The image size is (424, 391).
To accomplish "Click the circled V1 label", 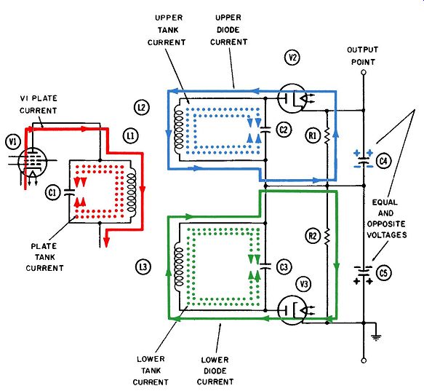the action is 13,142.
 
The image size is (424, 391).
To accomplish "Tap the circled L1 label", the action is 131,135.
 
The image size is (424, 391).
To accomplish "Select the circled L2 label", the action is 142,108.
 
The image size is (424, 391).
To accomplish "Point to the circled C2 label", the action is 284,130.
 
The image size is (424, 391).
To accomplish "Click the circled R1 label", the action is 313,135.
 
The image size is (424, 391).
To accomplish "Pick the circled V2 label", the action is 292,58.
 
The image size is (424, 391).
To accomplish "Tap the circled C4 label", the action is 383,161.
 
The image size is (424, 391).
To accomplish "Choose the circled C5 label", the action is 383,273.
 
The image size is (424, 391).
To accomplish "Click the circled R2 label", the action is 313,236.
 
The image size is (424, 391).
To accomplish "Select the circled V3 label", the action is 304,284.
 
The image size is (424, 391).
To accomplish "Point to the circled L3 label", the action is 143,267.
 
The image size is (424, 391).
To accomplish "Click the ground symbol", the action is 376,337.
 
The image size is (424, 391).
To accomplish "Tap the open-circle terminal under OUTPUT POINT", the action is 364,72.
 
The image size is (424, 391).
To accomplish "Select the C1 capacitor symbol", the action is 70,192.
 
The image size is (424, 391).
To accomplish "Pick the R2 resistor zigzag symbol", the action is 327,237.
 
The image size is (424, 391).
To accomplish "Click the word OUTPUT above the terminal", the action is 363,50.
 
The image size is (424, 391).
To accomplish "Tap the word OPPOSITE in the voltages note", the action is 386,224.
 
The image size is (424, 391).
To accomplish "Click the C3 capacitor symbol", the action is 265,266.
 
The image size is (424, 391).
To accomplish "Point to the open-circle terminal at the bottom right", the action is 364,360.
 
